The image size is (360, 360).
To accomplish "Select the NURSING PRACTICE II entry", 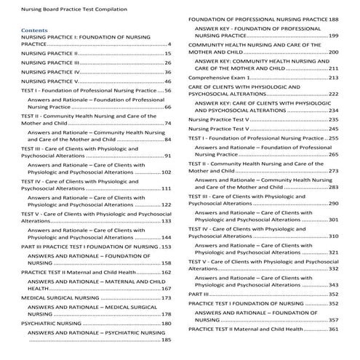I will pos(49,53).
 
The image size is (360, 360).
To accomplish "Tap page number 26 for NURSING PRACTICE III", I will pos(167,63).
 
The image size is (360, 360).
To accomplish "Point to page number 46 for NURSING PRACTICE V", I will pos(167,81).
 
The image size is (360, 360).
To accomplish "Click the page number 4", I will pos(169,44).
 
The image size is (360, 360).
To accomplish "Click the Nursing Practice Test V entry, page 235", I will pos(222,119).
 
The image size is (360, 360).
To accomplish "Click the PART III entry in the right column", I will pos(199,294).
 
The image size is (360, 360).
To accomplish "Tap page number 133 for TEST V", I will pos(166,221).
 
